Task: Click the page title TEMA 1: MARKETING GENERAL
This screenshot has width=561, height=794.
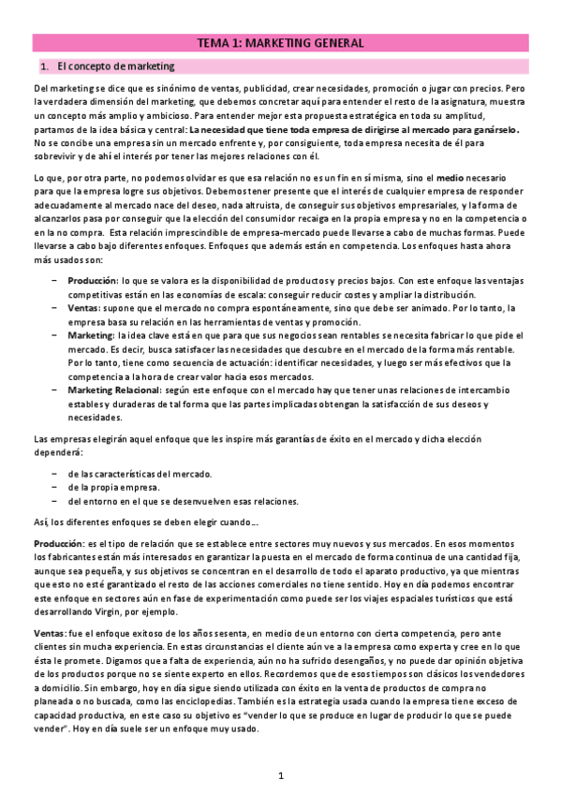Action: click(x=280, y=43)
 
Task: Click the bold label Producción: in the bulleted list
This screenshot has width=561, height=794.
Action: click(x=93, y=280)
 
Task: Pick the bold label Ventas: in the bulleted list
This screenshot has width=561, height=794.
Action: click(x=84, y=307)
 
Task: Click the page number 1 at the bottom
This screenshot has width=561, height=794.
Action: click(x=280, y=775)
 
